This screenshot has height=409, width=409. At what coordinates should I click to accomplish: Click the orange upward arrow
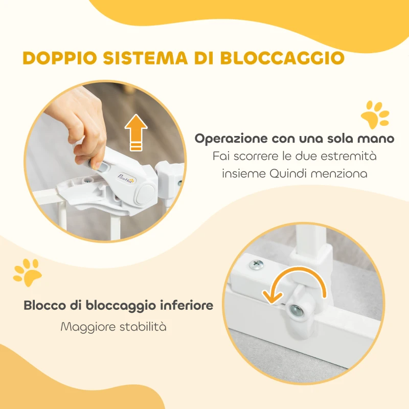coord(135,131)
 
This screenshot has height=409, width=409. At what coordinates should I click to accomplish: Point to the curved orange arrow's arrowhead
coord(268,296)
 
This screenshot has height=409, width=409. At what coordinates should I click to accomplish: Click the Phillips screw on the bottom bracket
coord(256,264)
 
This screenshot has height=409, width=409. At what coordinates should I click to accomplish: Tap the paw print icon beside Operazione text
coord(375,115)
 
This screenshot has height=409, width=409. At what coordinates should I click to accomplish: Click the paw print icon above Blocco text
coord(27,273)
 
